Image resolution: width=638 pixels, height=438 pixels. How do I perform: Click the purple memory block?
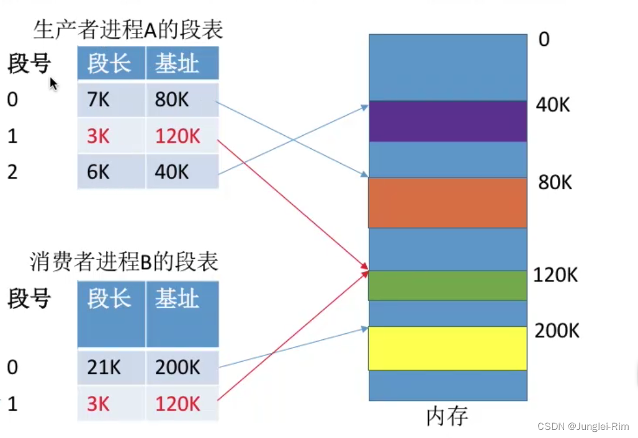pos(447,121)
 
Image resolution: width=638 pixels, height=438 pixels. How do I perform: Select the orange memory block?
pos(447,203)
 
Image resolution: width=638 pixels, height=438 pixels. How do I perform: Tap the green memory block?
pos(447,285)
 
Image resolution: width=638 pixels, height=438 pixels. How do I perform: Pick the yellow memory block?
pos(447,348)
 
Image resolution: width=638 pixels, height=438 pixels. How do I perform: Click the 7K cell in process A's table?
pos(99,99)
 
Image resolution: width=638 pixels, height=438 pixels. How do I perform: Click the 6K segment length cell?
pos(99,172)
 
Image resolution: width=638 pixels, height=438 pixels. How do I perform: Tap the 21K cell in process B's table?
pos(104,367)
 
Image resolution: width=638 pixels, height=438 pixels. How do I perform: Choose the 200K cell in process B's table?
pos(177,367)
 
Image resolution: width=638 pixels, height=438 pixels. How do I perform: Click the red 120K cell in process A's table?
pos(177,136)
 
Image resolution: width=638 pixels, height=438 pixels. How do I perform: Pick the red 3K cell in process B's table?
pos(99,404)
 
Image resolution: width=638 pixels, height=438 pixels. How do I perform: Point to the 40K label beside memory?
pos(552,105)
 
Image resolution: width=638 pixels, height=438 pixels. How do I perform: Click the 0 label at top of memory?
pos(544,40)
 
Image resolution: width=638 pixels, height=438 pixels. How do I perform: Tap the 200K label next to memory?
pos(557,331)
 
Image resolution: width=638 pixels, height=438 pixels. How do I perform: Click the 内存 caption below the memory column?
pos(447,416)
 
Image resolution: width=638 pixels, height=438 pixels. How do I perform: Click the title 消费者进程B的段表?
pos(124,262)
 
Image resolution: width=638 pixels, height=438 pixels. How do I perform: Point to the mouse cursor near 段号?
pos(53,83)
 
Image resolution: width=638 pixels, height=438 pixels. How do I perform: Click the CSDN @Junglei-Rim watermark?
pos(583,427)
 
